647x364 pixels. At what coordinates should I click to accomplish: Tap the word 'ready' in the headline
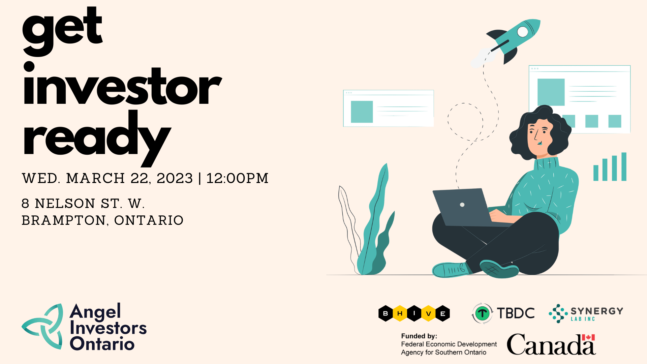point(97,139)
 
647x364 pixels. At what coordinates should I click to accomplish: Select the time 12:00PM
point(237,178)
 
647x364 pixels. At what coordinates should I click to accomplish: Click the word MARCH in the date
point(96,178)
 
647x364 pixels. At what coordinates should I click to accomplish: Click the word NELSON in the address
point(65,204)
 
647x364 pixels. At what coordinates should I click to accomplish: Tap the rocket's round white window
point(523,32)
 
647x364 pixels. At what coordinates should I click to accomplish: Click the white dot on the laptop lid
point(462,205)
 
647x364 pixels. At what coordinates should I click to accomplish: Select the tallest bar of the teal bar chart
point(624,166)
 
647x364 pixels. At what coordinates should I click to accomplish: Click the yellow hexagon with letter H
point(400,313)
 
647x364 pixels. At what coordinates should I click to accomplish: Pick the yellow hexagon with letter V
point(428,313)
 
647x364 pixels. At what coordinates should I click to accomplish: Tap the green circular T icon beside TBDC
point(482,313)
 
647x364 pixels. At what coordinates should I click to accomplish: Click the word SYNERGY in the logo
point(597,311)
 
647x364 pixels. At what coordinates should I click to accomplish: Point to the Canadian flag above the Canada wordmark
point(588,337)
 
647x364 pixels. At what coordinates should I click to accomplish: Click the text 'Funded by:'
point(419,336)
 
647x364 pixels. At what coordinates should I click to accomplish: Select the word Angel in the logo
point(95,312)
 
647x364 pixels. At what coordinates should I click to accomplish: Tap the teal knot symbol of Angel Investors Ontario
point(42,326)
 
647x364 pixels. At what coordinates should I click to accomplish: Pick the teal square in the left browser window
point(362,112)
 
